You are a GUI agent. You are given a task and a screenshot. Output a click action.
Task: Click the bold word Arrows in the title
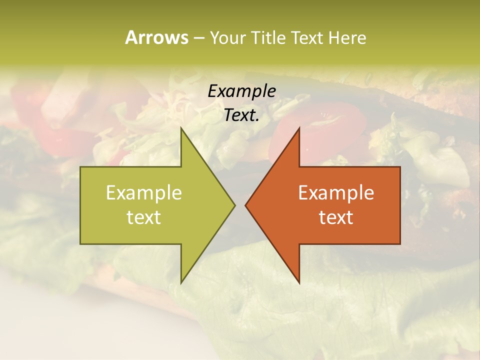pyautogui.click(x=156, y=37)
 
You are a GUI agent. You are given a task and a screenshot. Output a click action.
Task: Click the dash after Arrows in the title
pyautogui.click(x=198, y=38)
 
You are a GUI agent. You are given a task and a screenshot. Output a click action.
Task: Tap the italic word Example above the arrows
pyautogui.click(x=241, y=91)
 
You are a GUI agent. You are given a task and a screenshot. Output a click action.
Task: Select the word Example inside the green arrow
pyautogui.click(x=144, y=193)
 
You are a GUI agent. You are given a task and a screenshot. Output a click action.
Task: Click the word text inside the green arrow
pyautogui.click(x=144, y=217)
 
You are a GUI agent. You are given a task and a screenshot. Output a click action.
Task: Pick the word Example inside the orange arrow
pyautogui.click(x=336, y=193)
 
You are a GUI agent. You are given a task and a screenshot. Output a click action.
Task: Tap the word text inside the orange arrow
pyautogui.click(x=336, y=217)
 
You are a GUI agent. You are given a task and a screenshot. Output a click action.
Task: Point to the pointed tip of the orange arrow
pyautogui.click(x=246, y=205)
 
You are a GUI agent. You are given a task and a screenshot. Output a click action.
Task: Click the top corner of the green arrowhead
pyautogui.click(x=181, y=128)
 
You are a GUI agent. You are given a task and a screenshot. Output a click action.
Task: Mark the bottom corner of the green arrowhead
pyautogui.click(x=181, y=282)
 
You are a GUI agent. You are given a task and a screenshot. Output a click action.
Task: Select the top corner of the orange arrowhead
pyautogui.click(x=299, y=128)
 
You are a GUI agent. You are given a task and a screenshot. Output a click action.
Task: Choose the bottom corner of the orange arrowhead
pyautogui.click(x=299, y=282)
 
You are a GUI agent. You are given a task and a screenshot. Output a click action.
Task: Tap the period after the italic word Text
pyautogui.click(x=257, y=120)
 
